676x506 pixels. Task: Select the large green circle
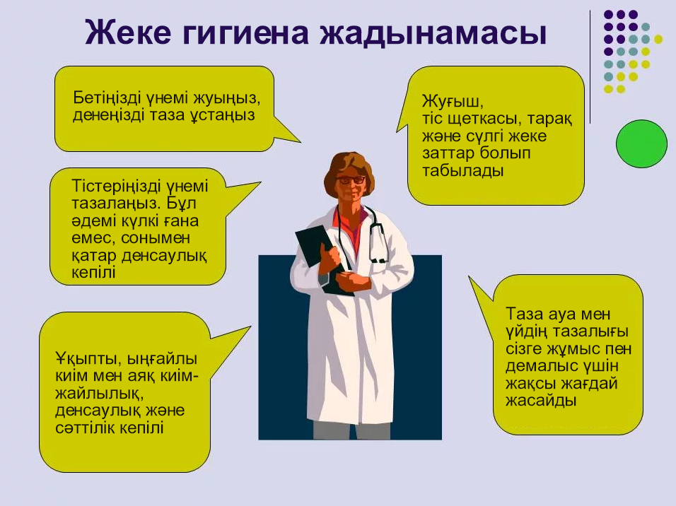pos(641,143)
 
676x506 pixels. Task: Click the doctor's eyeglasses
pos(350,180)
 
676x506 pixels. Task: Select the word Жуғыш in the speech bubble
pos(453,102)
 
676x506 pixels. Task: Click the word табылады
pos(463,171)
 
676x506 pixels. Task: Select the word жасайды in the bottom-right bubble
pos(541,401)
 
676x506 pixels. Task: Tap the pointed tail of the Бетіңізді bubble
pos(300,141)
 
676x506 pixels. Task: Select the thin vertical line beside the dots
pos(590,67)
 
